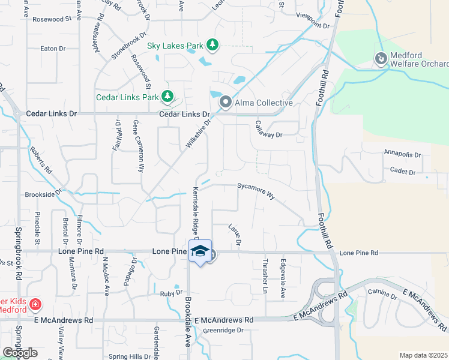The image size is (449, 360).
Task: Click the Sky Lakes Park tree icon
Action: pos(212,44)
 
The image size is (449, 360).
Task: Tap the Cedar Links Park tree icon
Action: pos(167,97)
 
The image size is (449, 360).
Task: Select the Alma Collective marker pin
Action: pos(226,103)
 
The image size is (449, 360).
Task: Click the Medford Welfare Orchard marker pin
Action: pos(381,59)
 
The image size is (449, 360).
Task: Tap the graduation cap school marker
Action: pos(200,252)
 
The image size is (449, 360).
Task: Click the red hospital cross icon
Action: pos(35,305)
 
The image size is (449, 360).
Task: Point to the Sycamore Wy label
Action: pos(256,190)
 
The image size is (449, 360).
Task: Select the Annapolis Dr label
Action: pos(402,154)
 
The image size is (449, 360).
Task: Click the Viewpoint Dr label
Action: pos(313,26)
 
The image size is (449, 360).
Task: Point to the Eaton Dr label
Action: pos(52,49)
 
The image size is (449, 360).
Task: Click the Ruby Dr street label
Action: pos(170,293)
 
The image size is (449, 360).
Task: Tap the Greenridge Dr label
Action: pos(223,331)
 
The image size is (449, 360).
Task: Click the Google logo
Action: pos(20,353)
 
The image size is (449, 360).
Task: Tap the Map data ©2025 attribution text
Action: pos(423,355)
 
